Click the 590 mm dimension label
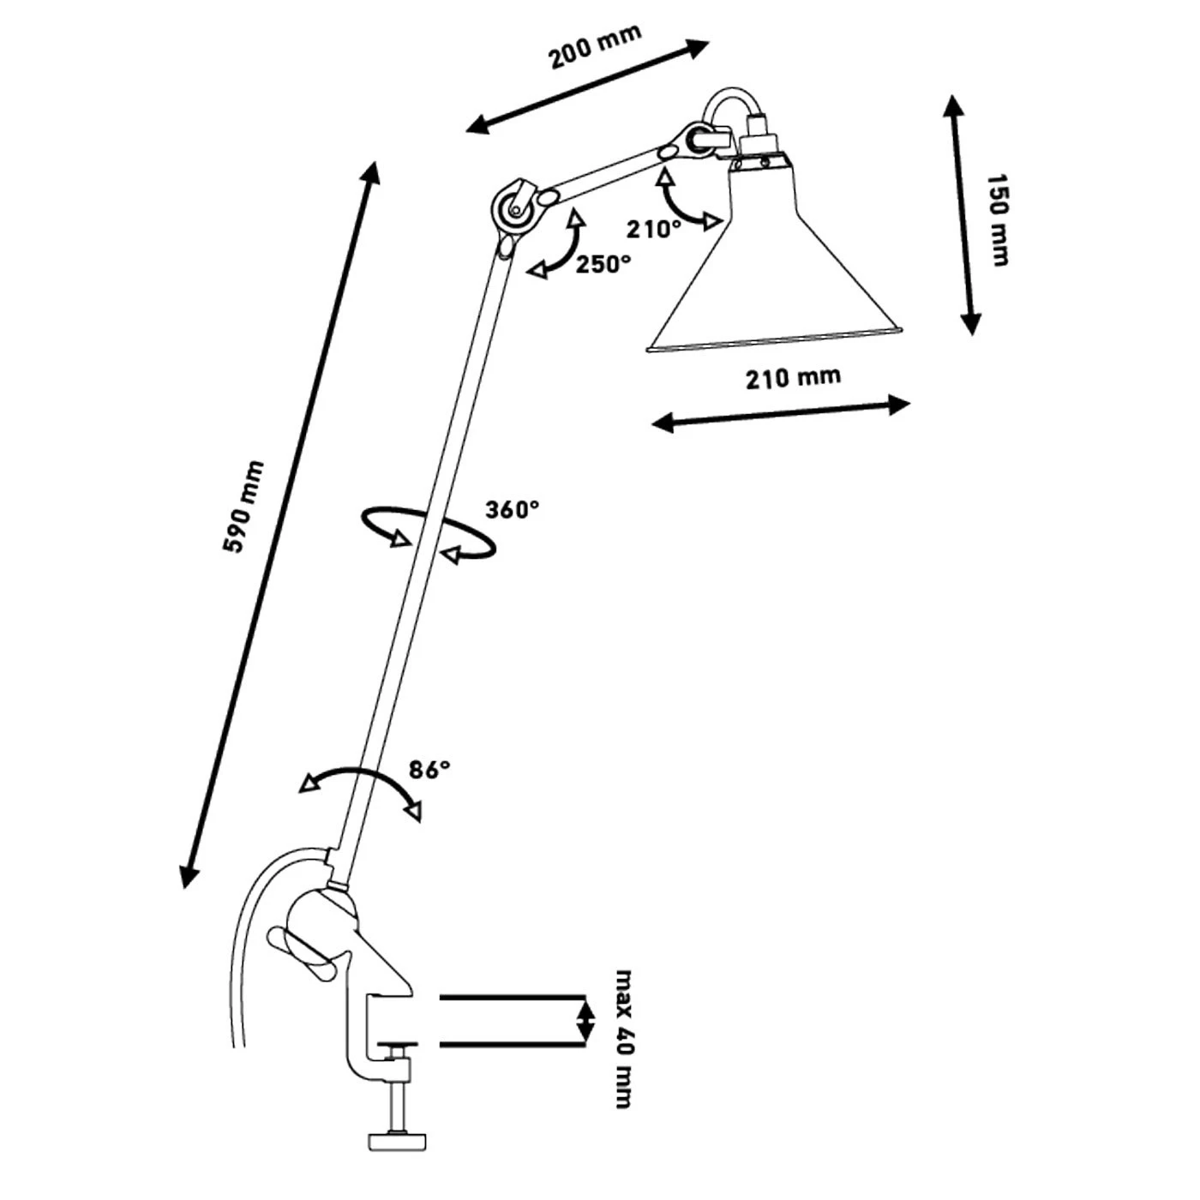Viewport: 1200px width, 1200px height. tap(244, 507)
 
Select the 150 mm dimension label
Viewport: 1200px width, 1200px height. tap(997, 219)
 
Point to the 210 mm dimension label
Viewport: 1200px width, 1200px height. tap(793, 377)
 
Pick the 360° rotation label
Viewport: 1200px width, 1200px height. tap(513, 510)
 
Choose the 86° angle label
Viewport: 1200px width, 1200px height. tap(429, 770)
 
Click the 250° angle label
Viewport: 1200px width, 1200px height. tap(603, 265)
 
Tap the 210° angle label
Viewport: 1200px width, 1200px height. tap(653, 229)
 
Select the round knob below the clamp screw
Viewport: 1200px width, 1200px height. tap(397, 1141)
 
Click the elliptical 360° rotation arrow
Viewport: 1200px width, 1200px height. tap(429, 533)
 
